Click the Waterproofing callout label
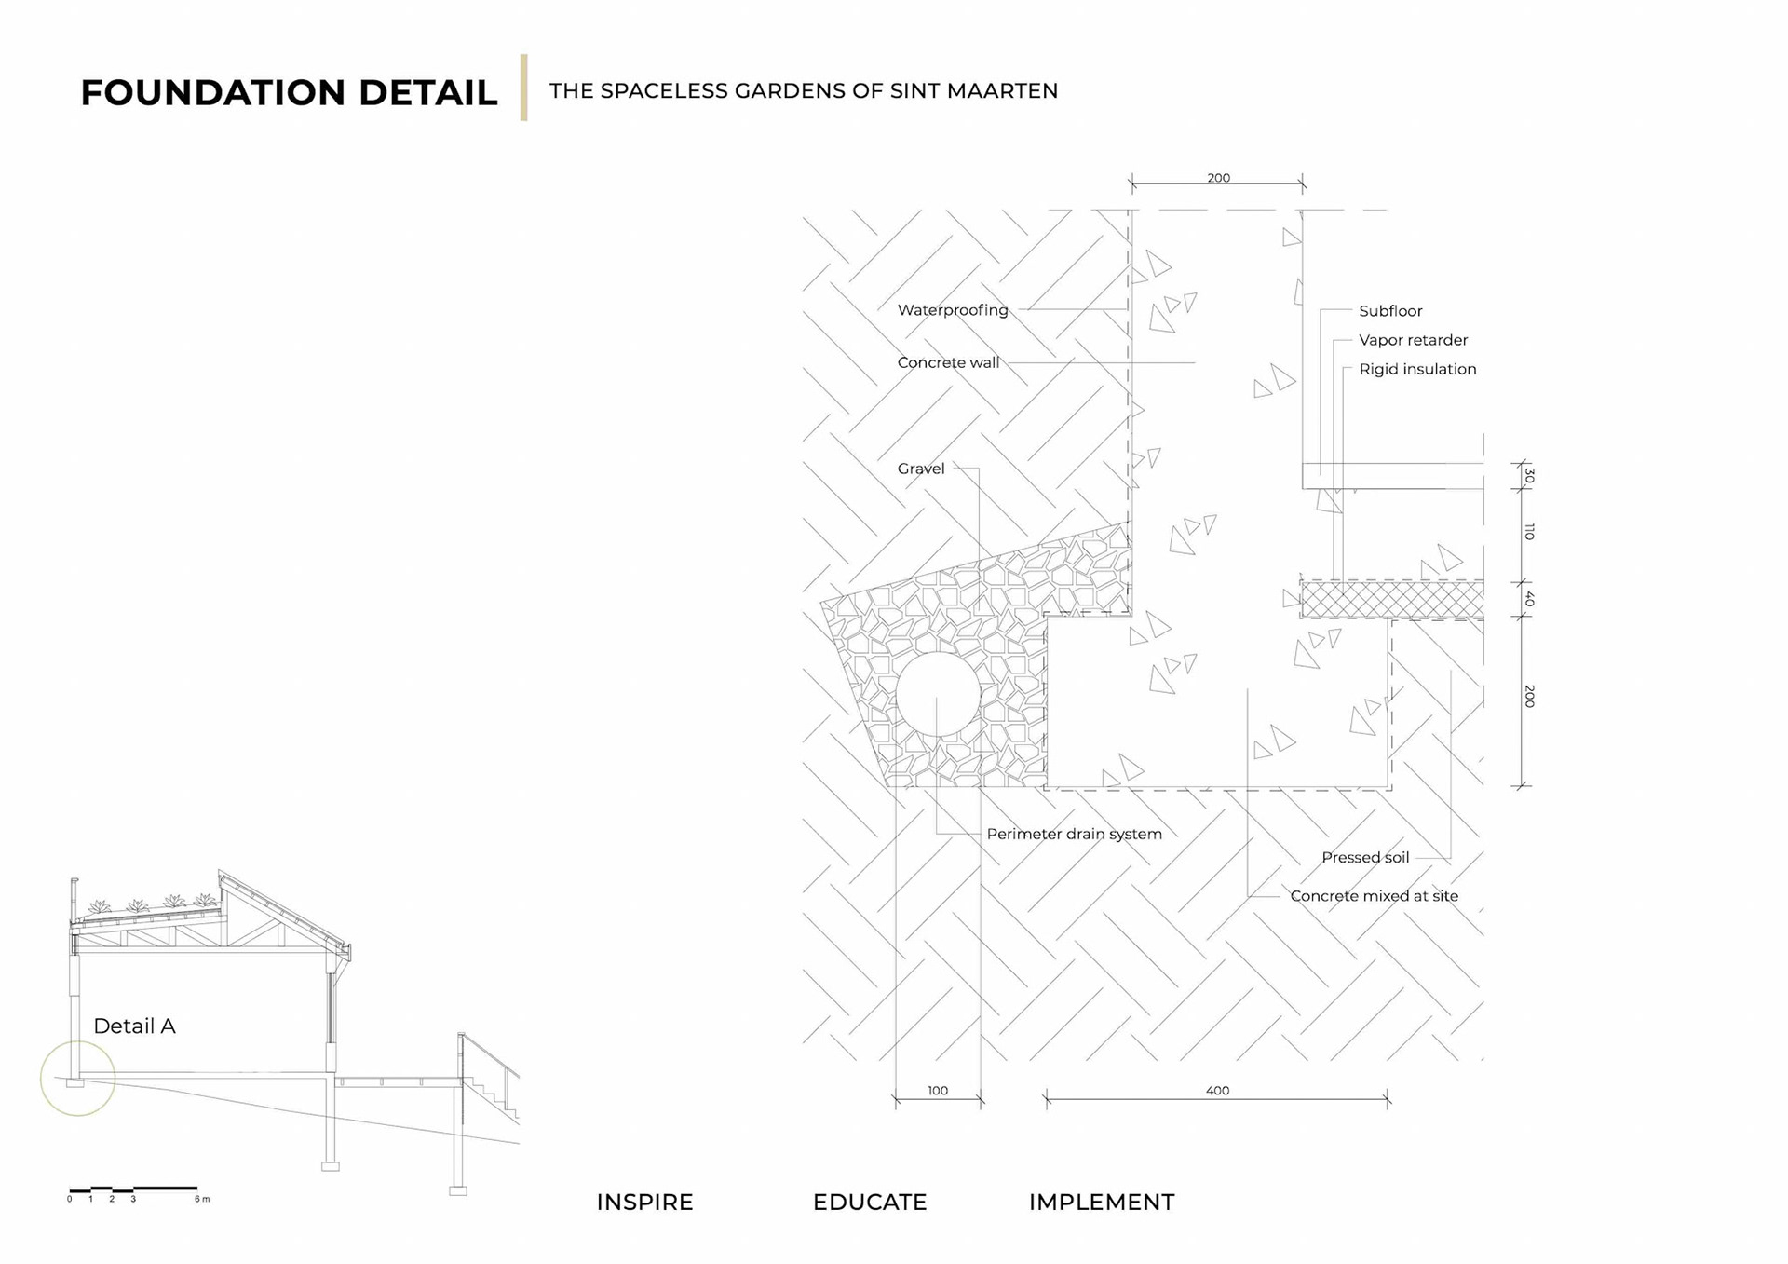[x=952, y=310]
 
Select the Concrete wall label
[x=948, y=362]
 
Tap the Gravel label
[x=920, y=469]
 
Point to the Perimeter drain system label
[x=1074, y=834]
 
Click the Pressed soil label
[x=1364, y=857]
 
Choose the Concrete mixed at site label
[x=1374, y=896]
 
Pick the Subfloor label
[x=1389, y=311]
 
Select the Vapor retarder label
[x=1412, y=340]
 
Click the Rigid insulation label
[x=1416, y=369]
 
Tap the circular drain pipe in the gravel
[x=937, y=694]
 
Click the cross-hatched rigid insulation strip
[x=1391, y=599]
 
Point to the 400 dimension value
[x=1217, y=1091]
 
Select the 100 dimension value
[x=937, y=1091]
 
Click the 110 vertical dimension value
[x=1529, y=532]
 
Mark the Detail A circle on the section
[x=78, y=1078]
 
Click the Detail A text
[x=134, y=1026]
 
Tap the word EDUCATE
[x=869, y=1203]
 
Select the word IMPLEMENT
[x=1101, y=1203]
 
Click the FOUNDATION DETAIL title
[x=289, y=93]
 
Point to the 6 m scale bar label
[x=202, y=1199]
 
